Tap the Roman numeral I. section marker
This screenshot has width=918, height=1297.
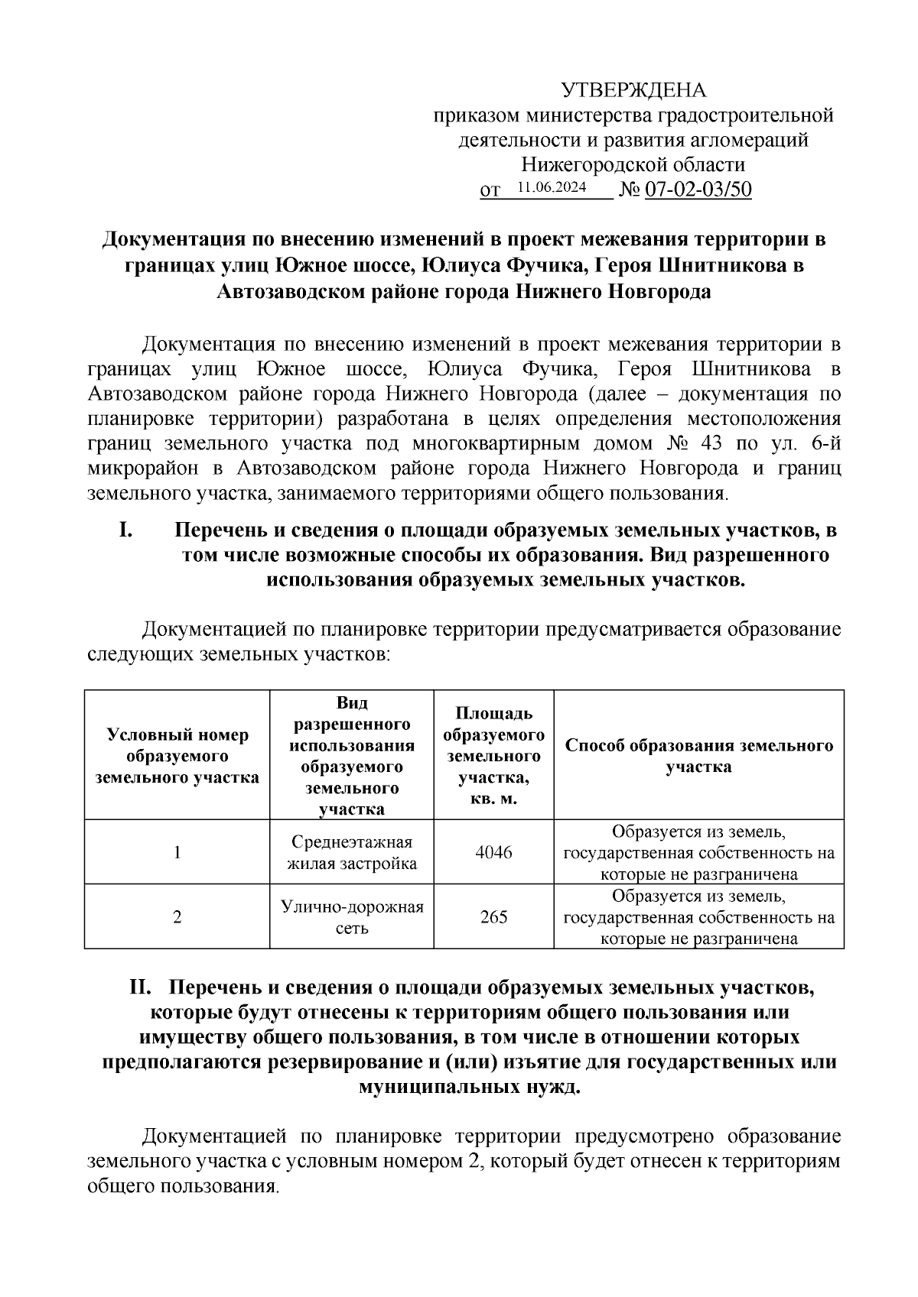(x=127, y=530)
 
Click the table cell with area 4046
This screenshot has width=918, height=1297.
(x=493, y=852)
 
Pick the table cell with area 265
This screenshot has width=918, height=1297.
(x=493, y=916)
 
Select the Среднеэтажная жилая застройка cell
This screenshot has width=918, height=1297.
(x=352, y=852)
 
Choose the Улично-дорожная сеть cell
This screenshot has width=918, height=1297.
(x=352, y=917)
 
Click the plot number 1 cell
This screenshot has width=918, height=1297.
(x=177, y=852)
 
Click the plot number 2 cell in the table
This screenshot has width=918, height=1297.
(x=177, y=916)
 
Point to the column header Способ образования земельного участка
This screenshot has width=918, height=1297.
(x=698, y=755)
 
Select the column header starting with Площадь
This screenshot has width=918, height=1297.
(x=493, y=755)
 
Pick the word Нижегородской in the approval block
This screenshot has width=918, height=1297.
(x=571, y=164)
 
